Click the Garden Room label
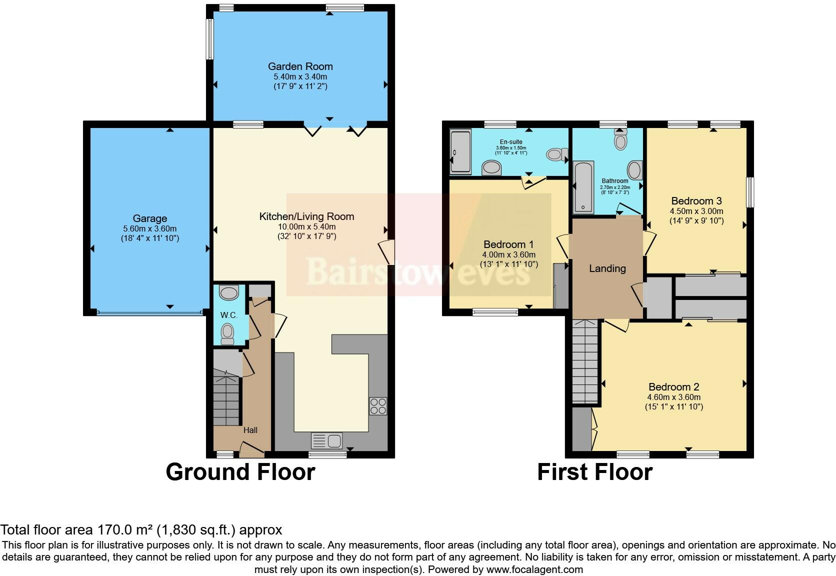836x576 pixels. pos(300,66)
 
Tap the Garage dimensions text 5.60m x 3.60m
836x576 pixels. pos(149,228)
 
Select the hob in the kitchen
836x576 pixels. pos(378,405)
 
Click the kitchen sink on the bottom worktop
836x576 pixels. pos(327,440)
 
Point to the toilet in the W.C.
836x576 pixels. pos(227,333)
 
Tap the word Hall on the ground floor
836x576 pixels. pos(250,430)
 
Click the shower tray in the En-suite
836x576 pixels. pos(460,152)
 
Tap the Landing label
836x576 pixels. pos(607,268)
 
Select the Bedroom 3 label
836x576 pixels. pos(696,201)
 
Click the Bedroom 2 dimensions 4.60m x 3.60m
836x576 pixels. pos(673,397)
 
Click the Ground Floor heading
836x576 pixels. pos(240,472)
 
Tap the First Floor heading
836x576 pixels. pos(594,472)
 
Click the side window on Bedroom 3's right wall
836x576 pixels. pos(749,192)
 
